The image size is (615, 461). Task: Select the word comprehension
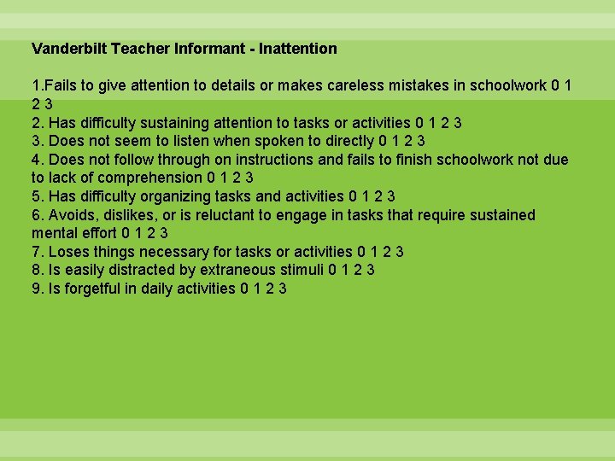pos(150,178)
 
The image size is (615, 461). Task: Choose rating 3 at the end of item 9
pos(283,289)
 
